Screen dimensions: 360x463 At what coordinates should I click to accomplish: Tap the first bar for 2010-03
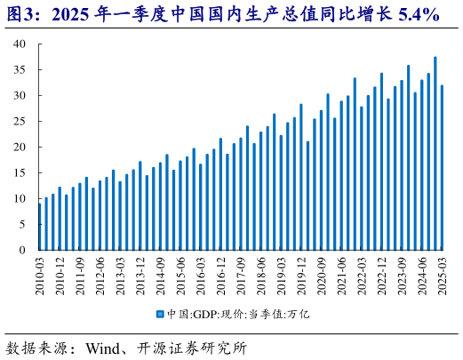(x=40, y=227)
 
